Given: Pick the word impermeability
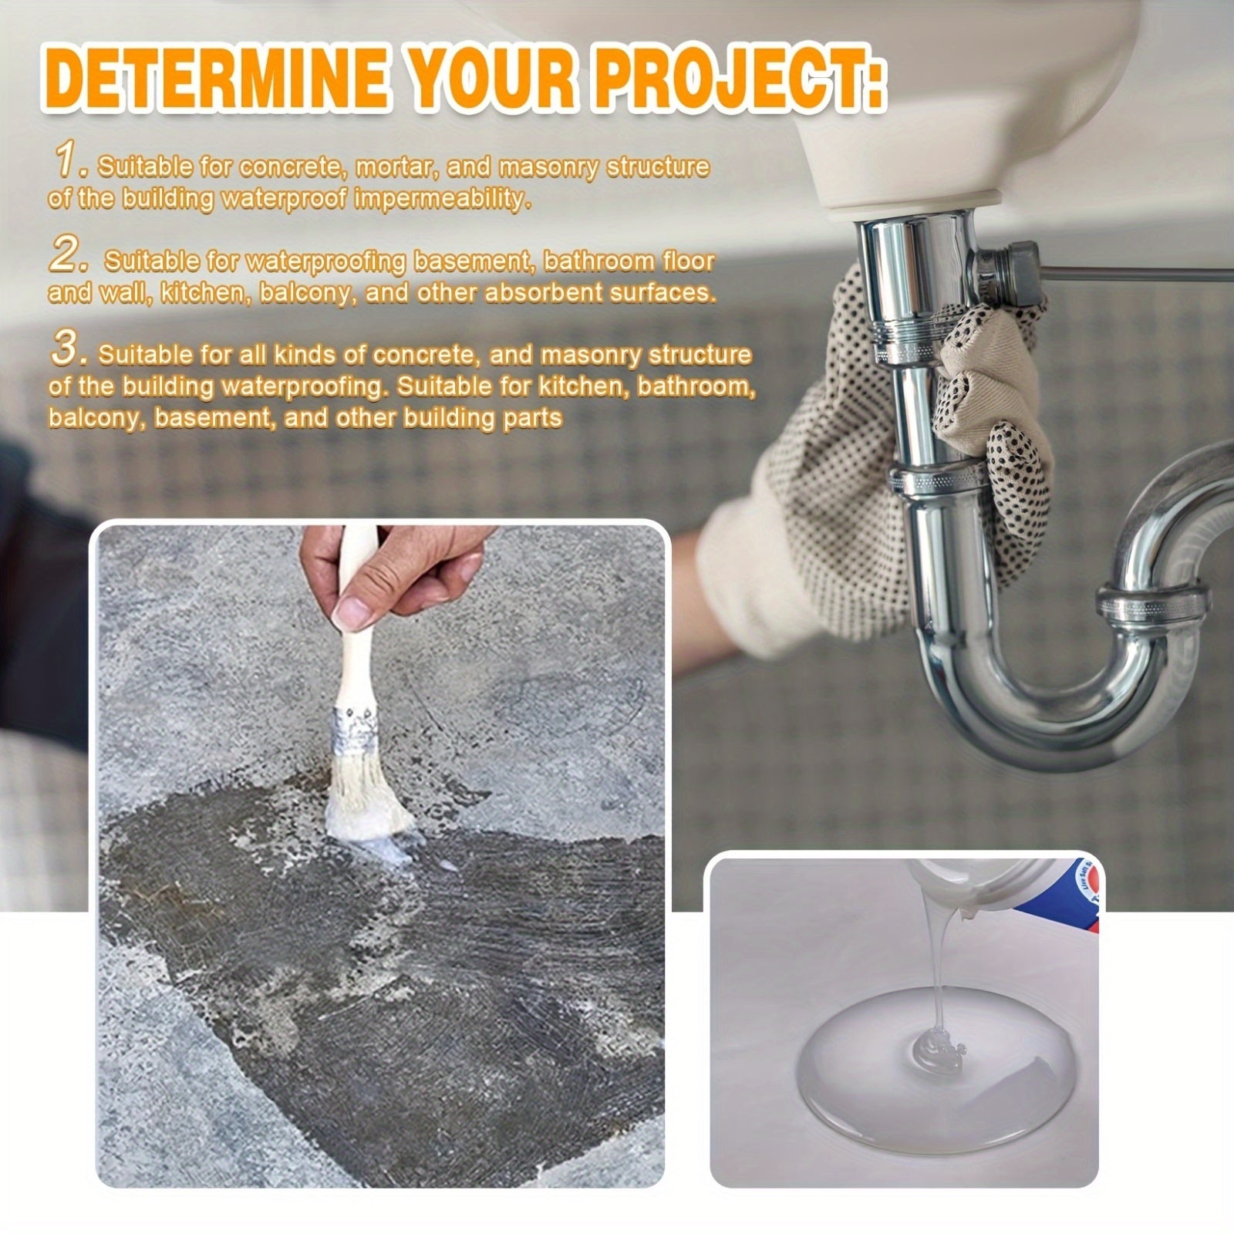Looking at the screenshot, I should point(443,199).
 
